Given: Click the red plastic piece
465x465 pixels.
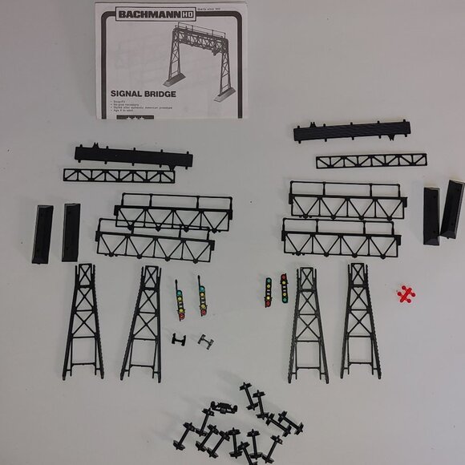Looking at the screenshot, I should [406, 293].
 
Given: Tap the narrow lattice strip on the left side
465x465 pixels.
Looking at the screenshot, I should [119, 175].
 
